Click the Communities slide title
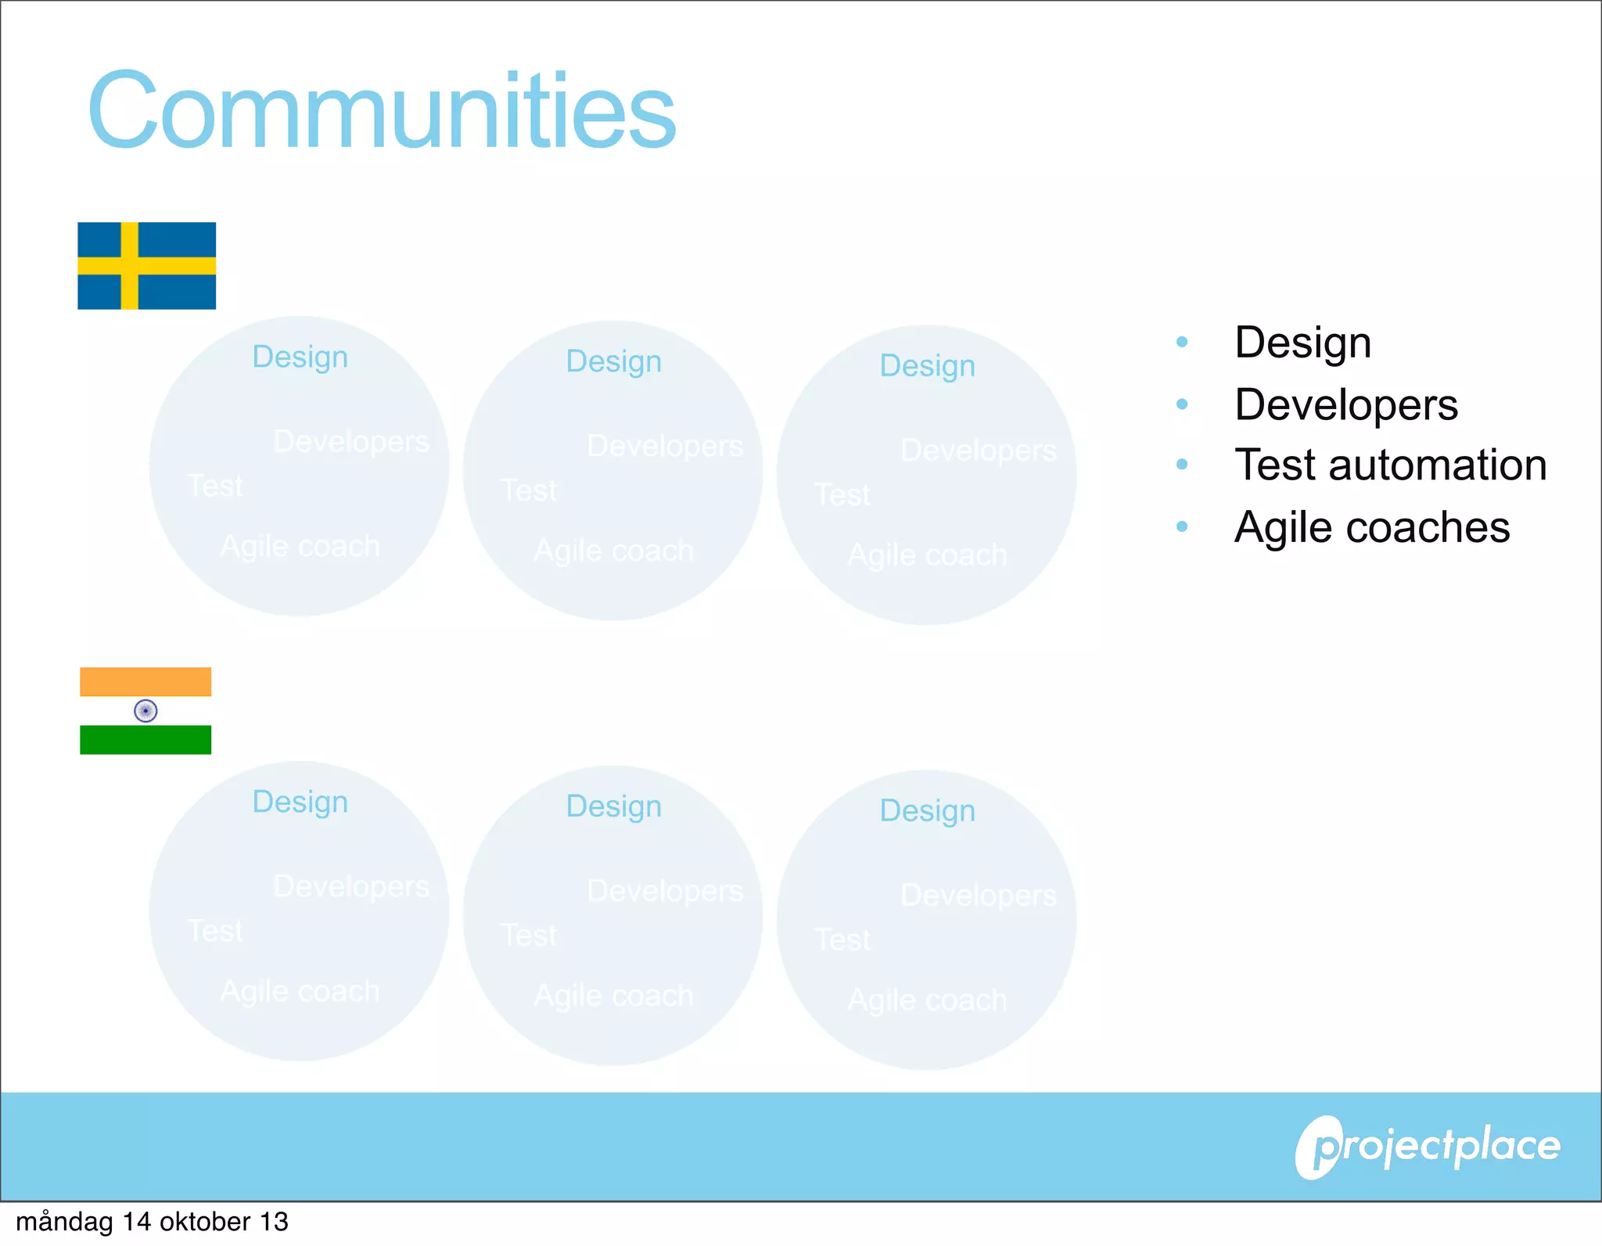click(x=382, y=110)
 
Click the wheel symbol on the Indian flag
click(x=145, y=710)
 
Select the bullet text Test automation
click(x=1390, y=465)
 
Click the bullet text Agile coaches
click(x=1371, y=527)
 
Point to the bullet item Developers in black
click(x=1345, y=404)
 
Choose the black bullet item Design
click(x=1302, y=343)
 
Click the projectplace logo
click(x=1428, y=1147)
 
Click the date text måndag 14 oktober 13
click(x=152, y=1222)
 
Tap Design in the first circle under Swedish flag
click(x=300, y=357)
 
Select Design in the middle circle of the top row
click(x=613, y=361)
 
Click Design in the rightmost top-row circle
click(x=927, y=366)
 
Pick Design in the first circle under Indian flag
click(x=300, y=802)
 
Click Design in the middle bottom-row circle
click(x=613, y=806)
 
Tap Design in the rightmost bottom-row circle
click(x=927, y=811)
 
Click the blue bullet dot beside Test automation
click(x=1182, y=465)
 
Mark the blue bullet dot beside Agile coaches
click(x=1182, y=526)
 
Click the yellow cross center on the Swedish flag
click(x=130, y=265)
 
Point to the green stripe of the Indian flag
click(x=145, y=739)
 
